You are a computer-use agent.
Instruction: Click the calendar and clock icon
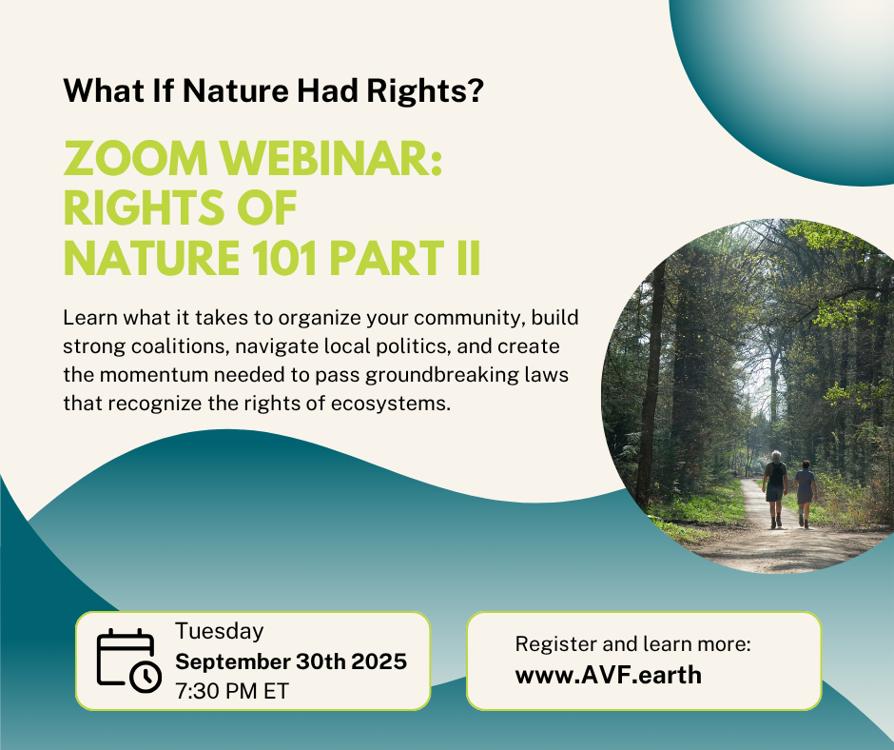pyautogui.click(x=128, y=660)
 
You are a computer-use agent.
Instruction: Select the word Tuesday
pyautogui.click(x=219, y=631)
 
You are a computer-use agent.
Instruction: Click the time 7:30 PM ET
pyautogui.click(x=232, y=690)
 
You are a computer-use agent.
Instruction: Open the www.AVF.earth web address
pyautogui.click(x=609, y=675)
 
